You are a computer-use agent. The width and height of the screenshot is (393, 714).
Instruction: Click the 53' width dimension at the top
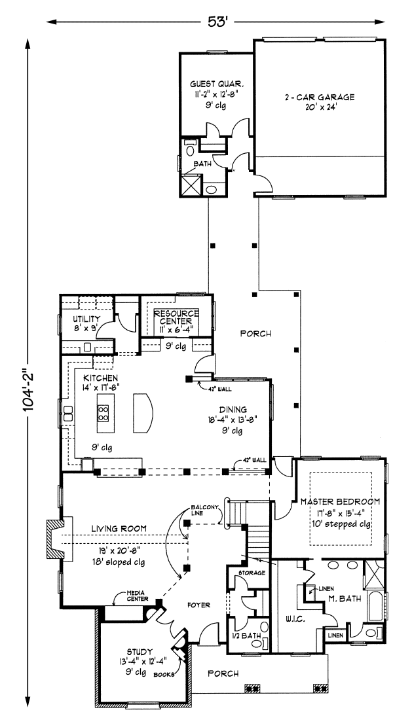click(217, 22)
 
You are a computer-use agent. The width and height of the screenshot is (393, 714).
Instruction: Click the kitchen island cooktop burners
click(102, 412)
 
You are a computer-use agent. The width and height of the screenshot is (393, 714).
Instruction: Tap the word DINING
click(233, 410)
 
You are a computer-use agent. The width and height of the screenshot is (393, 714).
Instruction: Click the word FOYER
click(198, 605)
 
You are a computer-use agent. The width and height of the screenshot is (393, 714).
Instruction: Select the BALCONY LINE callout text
click(205, 510)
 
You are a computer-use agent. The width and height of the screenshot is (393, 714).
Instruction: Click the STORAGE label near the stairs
click(252, 573)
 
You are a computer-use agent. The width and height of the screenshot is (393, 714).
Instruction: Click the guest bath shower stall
click(191, 185)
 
